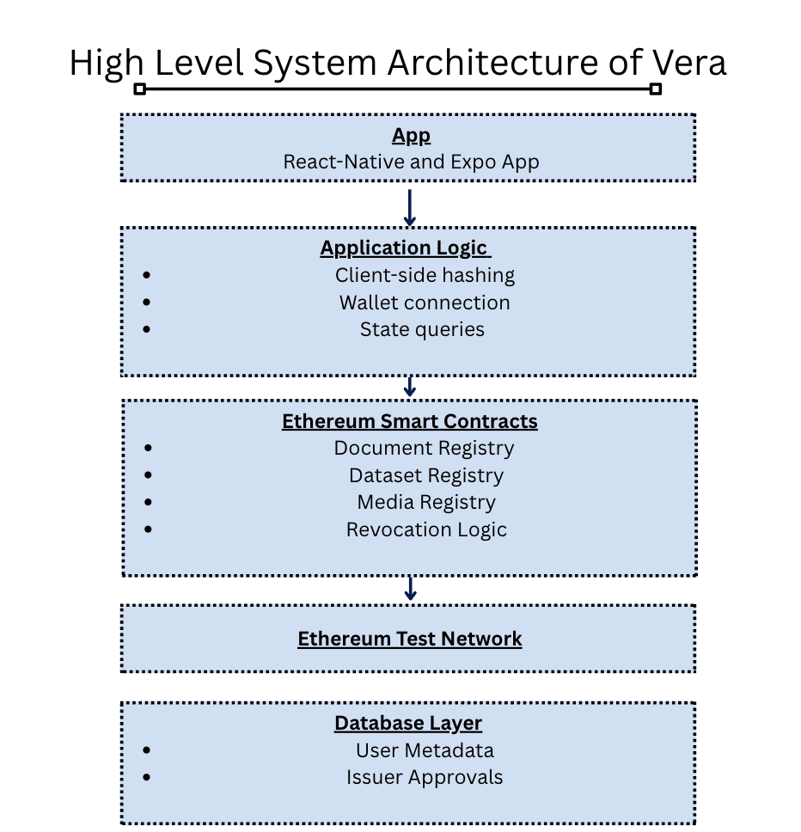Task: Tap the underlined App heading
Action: point(411,136)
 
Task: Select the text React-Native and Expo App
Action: point(411,162)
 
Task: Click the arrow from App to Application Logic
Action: point(410,207)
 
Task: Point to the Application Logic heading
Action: point(405,248)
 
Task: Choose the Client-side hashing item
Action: point(425,275)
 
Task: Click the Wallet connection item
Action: point(425,303)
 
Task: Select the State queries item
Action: point(422,329)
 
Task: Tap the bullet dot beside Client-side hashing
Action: point(147,275)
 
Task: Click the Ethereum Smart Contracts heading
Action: point(410,421)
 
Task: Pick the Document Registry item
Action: point(424,448)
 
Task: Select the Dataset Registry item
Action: point(426,475)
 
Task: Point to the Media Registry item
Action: point(426,502)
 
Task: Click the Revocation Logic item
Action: point(426,529)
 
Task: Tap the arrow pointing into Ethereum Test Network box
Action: point(411,589)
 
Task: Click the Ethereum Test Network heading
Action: point(410,639)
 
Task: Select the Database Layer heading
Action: point(408,723)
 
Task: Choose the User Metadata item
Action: point(425,750)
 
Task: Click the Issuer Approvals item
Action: point(425,777)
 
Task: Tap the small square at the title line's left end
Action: point(140,89)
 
